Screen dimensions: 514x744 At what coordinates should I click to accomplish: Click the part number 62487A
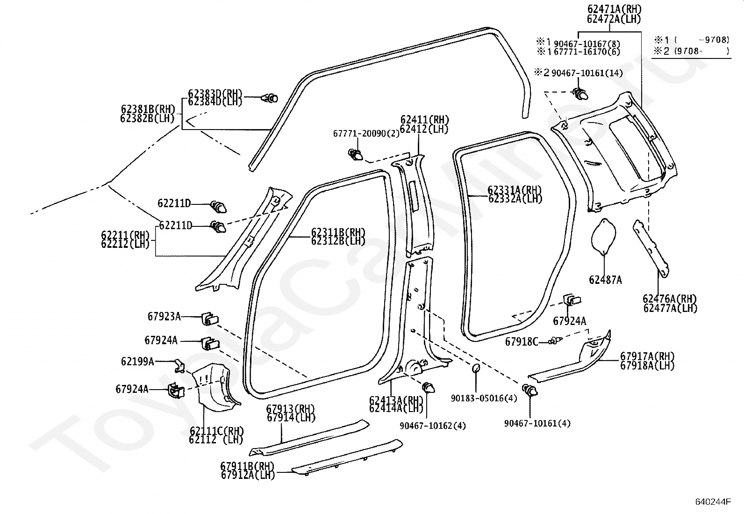click(605, 280)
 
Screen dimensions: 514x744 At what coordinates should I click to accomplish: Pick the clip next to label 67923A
click(209, 319)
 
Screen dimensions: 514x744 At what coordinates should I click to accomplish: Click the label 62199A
click(137, 361)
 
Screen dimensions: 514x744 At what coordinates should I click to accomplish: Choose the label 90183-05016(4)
click(484, 398)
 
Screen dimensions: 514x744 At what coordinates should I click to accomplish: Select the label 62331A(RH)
click(515, 190)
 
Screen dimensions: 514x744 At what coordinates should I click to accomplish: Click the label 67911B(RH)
click(247, 466)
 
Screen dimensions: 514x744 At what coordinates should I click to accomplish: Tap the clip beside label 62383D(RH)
click(270, 99)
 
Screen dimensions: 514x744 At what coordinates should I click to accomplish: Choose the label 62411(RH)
click(424, 120)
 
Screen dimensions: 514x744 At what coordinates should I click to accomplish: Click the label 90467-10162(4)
click(433, 426)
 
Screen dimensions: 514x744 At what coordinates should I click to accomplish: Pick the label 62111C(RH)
click(216, 431)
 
